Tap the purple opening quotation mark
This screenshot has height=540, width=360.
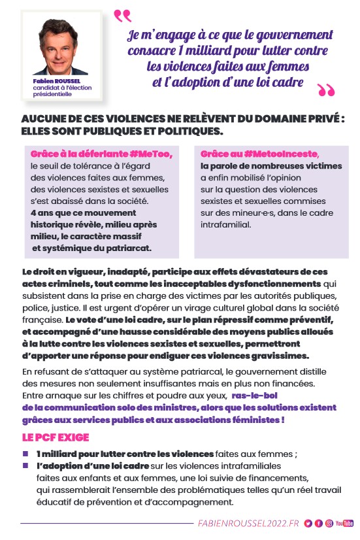[x=122, y=15]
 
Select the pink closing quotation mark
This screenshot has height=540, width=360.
[x=325, y=90]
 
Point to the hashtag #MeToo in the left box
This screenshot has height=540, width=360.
[x=152, y=154]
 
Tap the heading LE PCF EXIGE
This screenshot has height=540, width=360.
[x=56, y=437]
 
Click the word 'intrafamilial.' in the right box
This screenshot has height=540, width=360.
[x=227, y=224]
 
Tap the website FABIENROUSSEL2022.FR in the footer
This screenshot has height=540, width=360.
[x=248, y=524]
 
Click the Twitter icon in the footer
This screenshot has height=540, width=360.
[x=308, y=524]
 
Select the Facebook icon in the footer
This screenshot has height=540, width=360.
[x=318, y=524]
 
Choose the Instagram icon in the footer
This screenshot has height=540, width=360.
[x=329, y=524]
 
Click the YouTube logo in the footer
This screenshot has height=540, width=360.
[x=344, y=524]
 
